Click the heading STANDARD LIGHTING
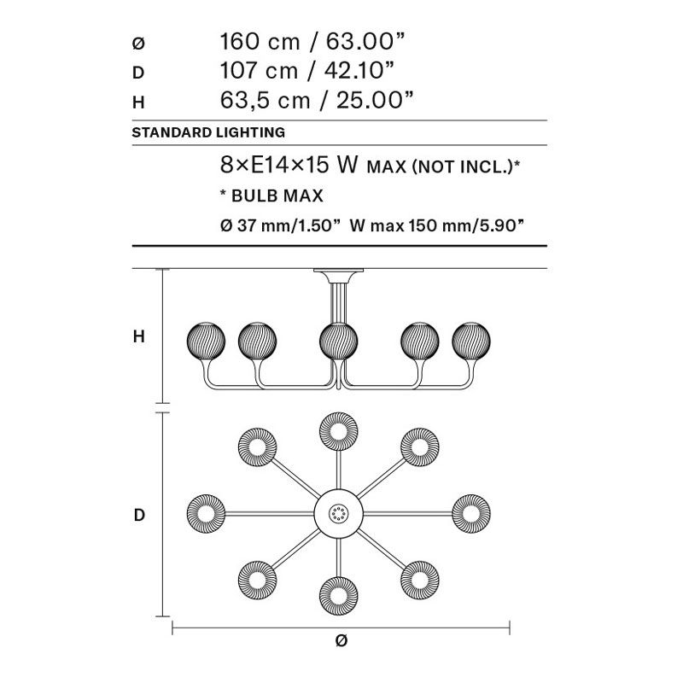[x=208, y=133]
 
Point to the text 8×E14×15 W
[x=289, y=166]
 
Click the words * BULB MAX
[x=271, y=196]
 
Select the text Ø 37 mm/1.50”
[x=281, y=226]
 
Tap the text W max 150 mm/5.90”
[x=436, y=226]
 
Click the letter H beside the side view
[x=138, y=337]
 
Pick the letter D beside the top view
[x=138, y=515]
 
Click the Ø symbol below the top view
[x=341, y=641]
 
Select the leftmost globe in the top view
[x=207, y=514]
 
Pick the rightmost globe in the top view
[x=471, y=514]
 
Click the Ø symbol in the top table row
[x=137, y=42]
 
